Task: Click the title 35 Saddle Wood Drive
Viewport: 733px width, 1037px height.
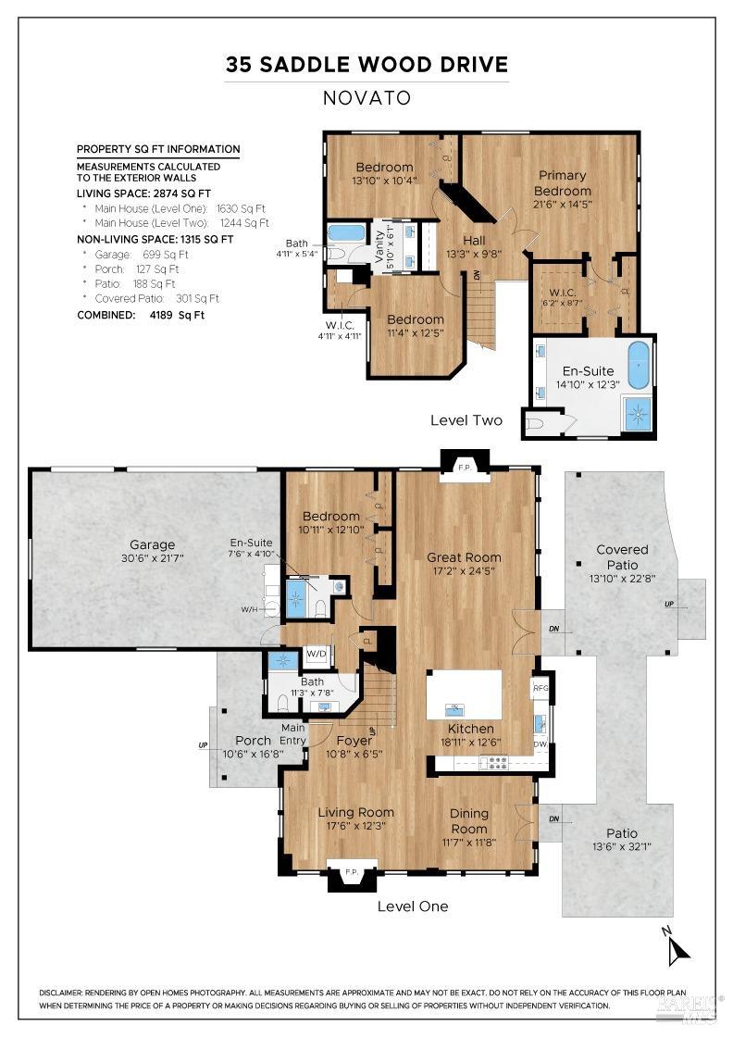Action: click(366, 64)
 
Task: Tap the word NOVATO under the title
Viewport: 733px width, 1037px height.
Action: click(366, 98)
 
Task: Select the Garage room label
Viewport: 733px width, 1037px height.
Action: click(152, 544)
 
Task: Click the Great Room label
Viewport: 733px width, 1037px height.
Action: click(464, 556)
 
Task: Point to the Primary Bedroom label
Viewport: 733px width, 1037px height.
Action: click(563, 182)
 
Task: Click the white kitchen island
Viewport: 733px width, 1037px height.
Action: click(464, 694)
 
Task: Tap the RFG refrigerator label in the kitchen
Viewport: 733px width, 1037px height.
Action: click(540, 688)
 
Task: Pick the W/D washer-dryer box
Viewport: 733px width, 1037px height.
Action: click(317, 654)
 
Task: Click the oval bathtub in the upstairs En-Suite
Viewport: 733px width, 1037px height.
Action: click(639, 365)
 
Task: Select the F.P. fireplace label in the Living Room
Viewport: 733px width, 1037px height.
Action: click(352, 872)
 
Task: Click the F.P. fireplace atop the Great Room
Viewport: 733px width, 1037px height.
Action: click(464, 467)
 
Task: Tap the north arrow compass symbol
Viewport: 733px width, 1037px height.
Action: click(677, 949)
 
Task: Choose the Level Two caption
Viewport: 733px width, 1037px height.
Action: click(466, 420)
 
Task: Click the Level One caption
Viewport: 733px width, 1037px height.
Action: click(413, 906)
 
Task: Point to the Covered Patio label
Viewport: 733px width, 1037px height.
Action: click(622, 556)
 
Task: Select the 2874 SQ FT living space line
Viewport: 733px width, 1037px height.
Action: click(143, 194)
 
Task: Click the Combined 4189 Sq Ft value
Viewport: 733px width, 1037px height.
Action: click(177, 315)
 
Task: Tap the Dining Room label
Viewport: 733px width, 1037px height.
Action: click(469, 820)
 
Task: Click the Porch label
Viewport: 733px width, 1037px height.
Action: click(254, 740)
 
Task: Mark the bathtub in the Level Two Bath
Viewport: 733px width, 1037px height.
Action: click(346, 232)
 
